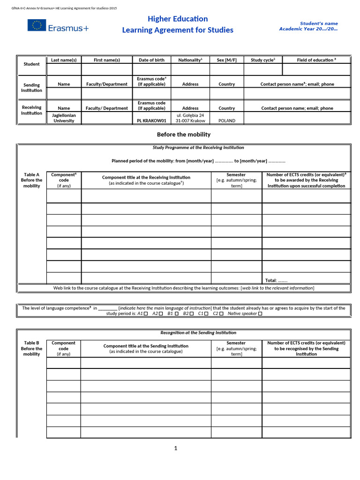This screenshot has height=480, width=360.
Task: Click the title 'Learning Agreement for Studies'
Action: (178, 30)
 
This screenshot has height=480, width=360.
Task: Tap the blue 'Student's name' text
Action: (319, 23)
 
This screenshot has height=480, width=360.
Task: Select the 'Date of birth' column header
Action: (151, 60)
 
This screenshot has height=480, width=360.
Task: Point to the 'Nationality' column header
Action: (190, 60)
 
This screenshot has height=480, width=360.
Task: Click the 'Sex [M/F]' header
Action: (227, 60)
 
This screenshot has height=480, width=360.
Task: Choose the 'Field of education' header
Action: (316, 60)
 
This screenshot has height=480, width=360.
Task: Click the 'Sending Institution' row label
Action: (32, 87)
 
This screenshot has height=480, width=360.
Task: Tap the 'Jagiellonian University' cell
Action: (64, 118)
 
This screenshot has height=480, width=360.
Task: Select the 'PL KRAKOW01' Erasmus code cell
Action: (151, 120)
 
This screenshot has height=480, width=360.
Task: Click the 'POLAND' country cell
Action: (227, 120)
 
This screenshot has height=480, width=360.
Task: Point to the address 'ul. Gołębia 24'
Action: (190, 115)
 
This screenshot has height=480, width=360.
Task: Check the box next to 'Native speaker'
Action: (260, 314)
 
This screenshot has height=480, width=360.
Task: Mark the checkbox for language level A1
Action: (146, 314)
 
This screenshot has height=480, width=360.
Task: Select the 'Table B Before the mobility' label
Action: (32, 348)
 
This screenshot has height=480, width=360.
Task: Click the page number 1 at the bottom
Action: (176, 448)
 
